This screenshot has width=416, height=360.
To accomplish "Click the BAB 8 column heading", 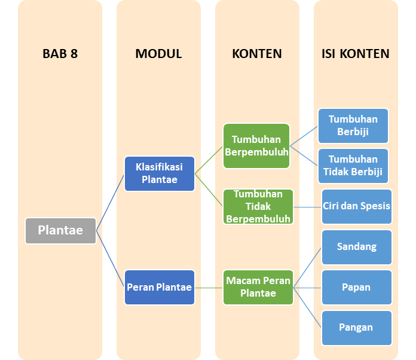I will (x=60, y=54).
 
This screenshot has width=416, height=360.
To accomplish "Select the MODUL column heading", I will (x=158, y=54).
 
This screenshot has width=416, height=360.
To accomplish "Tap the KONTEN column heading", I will (x=257, y=54).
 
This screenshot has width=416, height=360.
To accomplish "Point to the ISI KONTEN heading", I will (x=356, y=54).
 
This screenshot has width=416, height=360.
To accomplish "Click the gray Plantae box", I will (x=60, y=230).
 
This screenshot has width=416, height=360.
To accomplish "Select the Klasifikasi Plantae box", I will (x=160, y=173).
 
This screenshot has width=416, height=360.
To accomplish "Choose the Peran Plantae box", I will (x=160, y=287).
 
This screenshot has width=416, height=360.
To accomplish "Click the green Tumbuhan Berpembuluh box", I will (x=256, y=145).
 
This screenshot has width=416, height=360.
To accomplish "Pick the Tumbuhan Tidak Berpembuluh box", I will (x=258, y=206).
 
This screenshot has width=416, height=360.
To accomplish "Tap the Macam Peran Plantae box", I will (x=258, y=287).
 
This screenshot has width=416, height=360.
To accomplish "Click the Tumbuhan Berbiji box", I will (x=353, y=126).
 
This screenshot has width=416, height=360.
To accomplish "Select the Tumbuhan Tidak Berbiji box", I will (x=353, y=166).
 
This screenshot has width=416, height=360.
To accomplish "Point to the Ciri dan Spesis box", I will (x=356, y=206).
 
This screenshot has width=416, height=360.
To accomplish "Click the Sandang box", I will (x=356, y=246).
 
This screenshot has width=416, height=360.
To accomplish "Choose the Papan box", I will (x=356, y=287).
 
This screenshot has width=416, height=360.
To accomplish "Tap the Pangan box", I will (x=356, y=327).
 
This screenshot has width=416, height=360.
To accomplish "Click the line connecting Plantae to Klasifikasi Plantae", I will (x=111, y=202).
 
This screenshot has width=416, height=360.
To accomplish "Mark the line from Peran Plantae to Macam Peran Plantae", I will (x=209, y=288).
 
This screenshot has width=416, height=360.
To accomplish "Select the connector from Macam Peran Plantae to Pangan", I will (x=308, y=307).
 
